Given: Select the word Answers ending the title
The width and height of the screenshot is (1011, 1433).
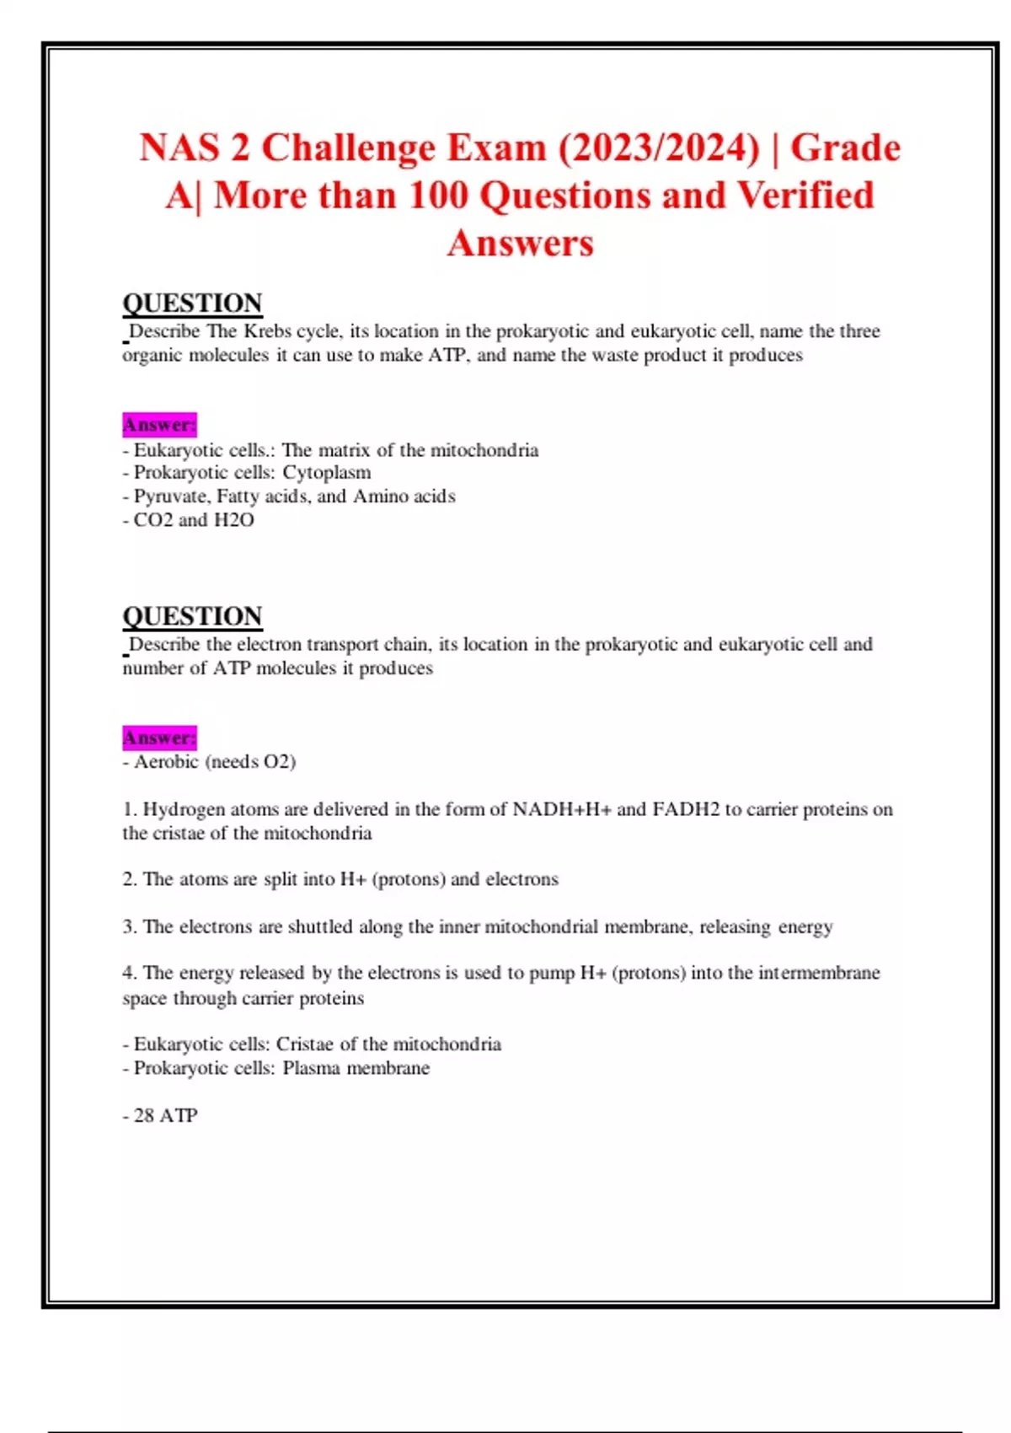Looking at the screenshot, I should tap(520, 244).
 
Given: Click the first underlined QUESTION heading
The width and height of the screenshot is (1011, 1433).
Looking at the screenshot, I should tap(192, 303).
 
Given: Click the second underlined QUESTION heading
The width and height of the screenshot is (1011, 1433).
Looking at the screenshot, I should tap(192, 616).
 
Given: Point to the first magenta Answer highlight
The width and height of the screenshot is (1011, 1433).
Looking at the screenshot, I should tap(159, 424).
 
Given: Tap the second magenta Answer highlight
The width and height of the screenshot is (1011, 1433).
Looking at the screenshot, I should tap(159, 738).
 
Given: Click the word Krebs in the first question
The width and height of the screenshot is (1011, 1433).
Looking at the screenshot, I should tap(267, 331).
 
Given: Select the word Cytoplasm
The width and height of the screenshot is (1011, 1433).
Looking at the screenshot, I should tap(326, 473).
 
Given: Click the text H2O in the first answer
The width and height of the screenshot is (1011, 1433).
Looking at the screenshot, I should tap(233, 520).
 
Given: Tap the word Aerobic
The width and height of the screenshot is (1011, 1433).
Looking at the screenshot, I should tap(166, 762).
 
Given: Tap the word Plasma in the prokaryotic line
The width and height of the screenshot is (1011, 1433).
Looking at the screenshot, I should tap(311, 1068).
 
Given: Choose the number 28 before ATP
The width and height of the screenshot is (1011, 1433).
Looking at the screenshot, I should tap(144, 1116).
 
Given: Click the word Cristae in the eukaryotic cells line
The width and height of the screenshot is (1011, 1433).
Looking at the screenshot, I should tap(304, 1044).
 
